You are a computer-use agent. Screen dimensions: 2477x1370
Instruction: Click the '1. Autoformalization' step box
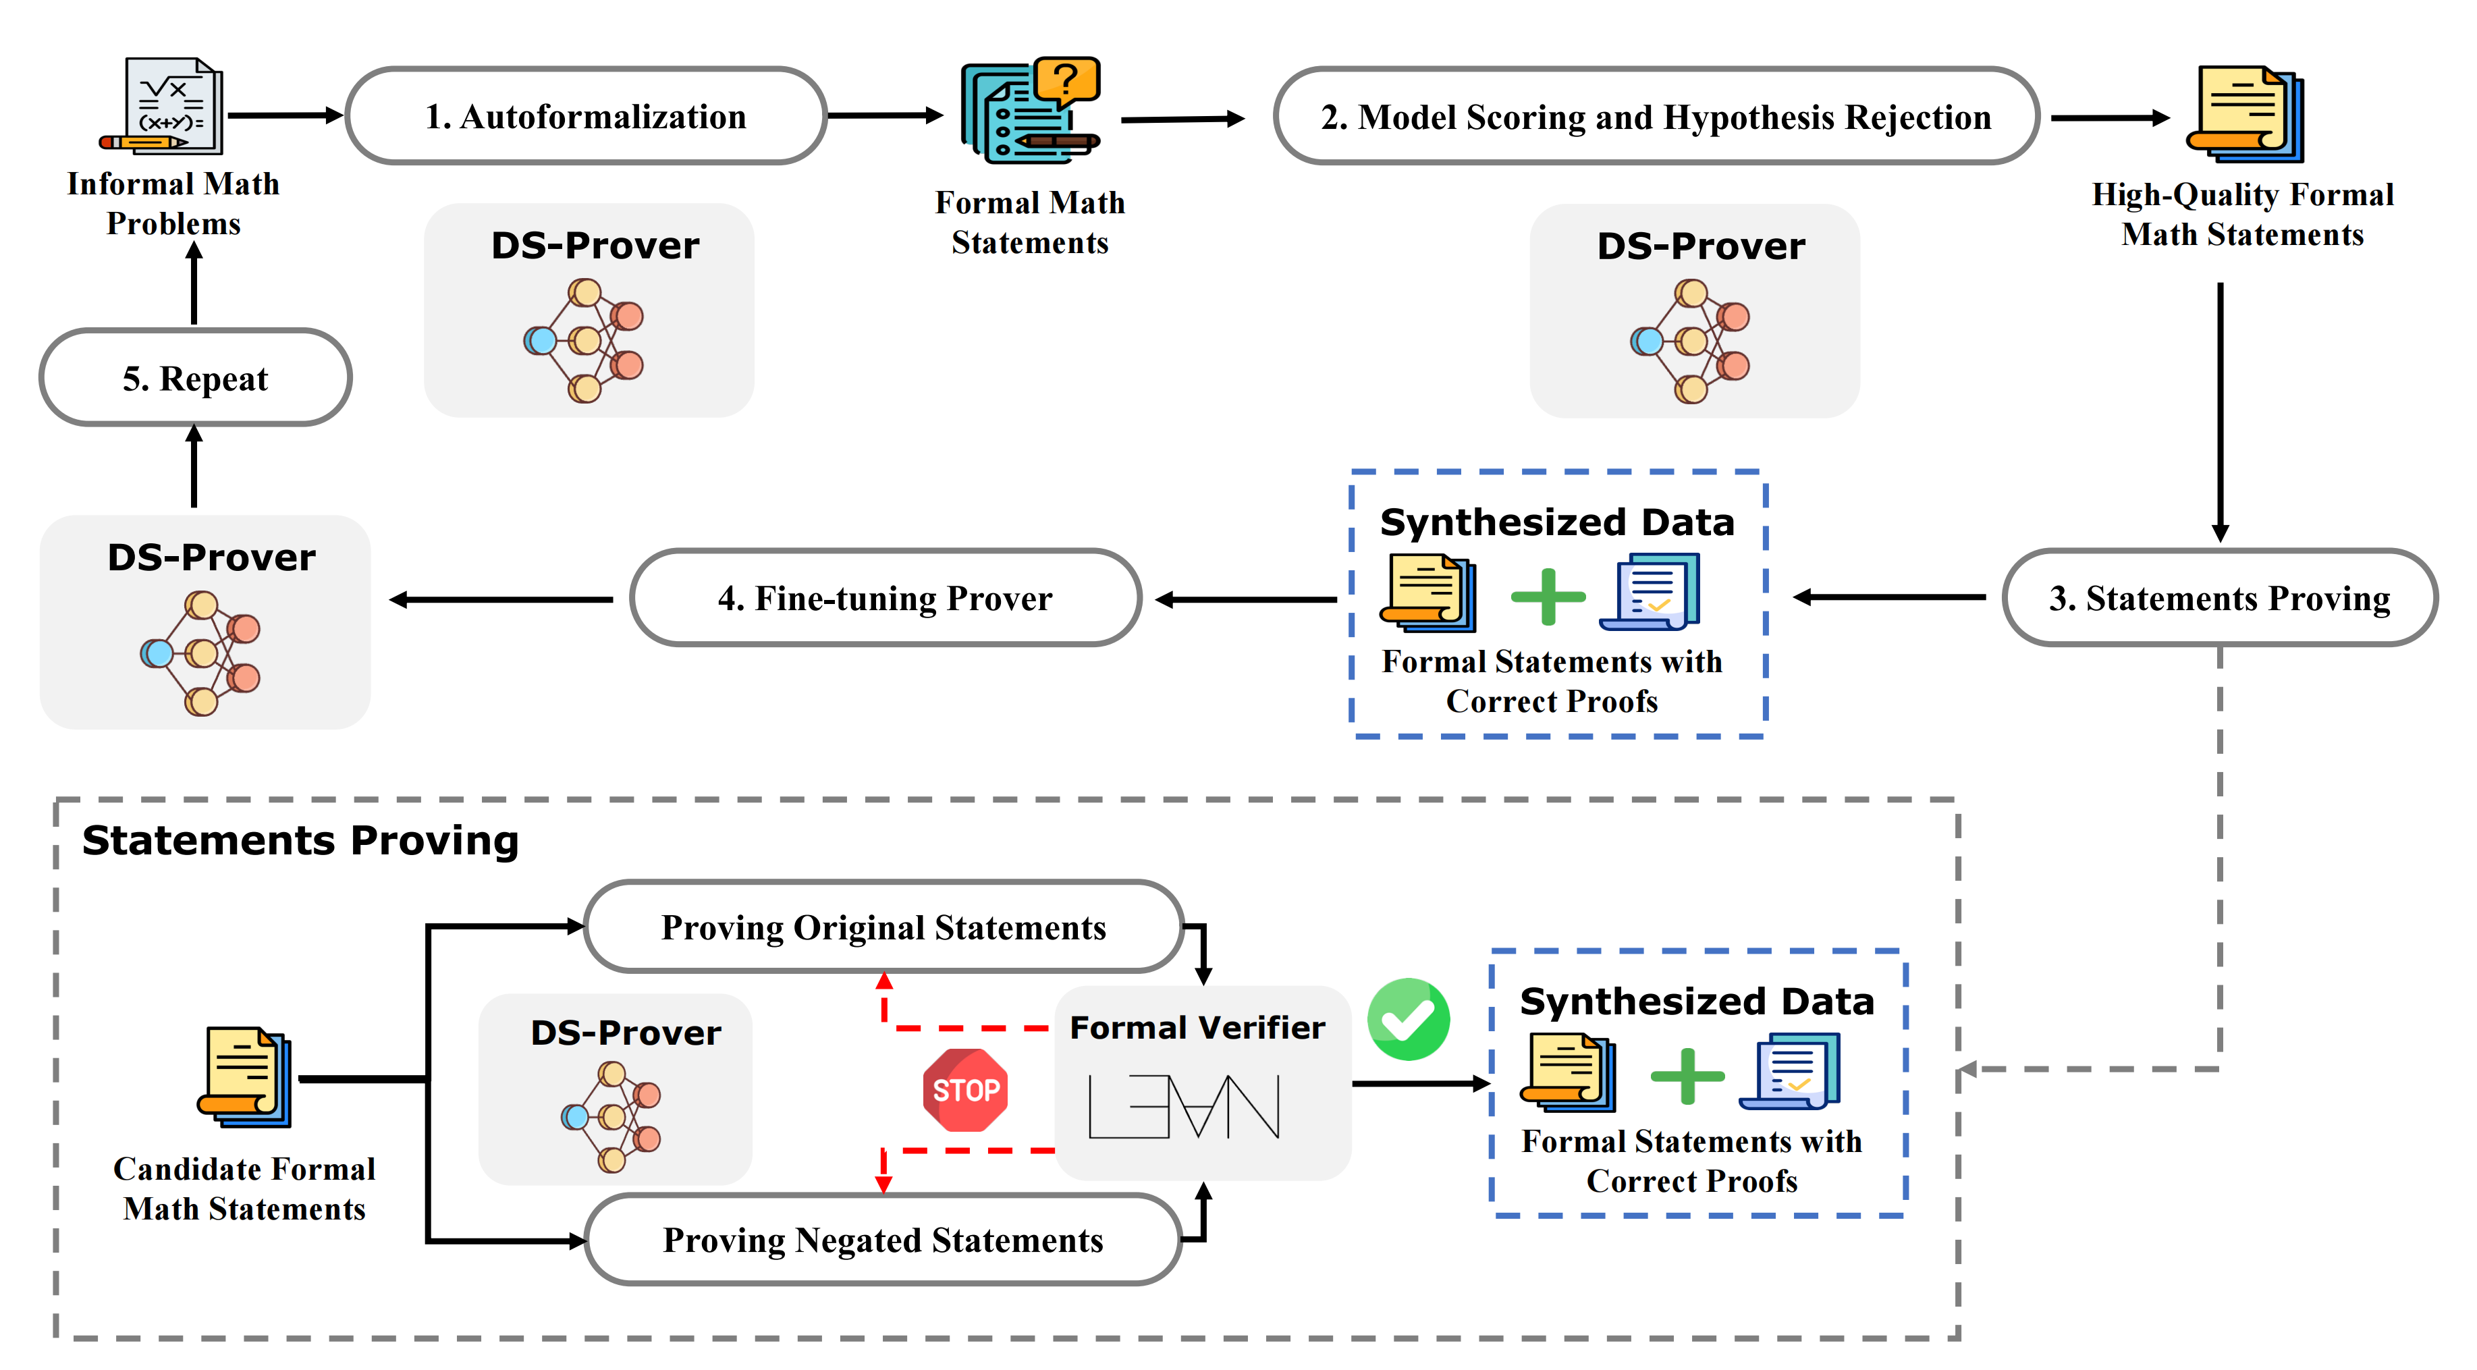(586, 116)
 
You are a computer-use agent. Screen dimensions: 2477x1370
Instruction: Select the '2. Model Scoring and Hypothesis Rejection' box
(1656, 116)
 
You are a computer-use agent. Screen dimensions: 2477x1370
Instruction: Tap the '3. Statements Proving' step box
(2219, 598)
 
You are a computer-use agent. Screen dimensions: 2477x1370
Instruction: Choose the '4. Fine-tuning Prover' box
(886, 598)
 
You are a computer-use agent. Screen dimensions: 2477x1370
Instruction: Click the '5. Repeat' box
(195, 378)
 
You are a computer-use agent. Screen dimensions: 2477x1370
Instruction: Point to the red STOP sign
(965, 1090)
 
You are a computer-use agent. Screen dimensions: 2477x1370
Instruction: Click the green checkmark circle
(1409, 1019)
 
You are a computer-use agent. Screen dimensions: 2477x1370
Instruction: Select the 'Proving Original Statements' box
(883, 927)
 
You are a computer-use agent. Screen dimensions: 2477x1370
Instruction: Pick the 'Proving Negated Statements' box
(883, 1239)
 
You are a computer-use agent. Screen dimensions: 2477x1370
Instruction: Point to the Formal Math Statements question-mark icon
(1031, 109)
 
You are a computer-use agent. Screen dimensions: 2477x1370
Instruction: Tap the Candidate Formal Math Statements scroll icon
(245, 1077)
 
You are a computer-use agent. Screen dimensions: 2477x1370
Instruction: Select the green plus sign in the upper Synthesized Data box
(1548, 596)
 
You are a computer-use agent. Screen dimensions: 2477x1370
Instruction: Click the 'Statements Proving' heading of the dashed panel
(300, 840)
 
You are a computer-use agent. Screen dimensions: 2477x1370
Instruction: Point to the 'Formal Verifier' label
(1197, 1026)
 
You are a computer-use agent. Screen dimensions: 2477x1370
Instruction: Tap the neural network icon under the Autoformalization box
(584, 340)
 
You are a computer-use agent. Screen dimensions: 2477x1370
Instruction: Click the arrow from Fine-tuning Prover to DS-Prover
(501, 600)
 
